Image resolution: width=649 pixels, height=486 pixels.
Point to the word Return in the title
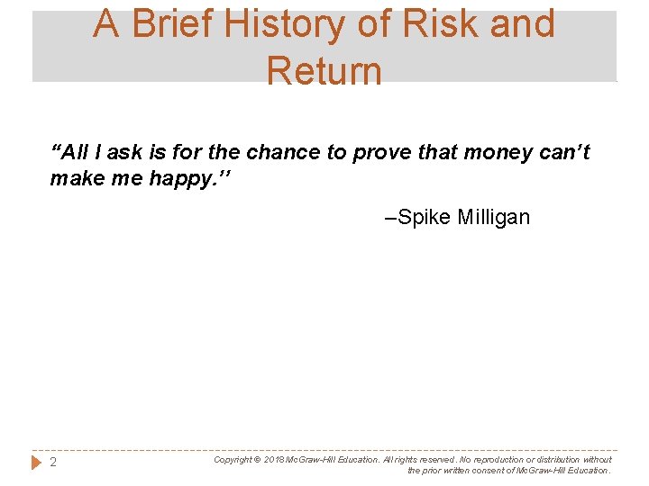[324, 70]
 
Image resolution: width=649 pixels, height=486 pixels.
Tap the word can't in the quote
[563, 152]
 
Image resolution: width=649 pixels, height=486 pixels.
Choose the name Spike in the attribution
[425, 217]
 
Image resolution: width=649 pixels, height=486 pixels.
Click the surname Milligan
[494, 217]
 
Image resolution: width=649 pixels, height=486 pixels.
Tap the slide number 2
[53, 463]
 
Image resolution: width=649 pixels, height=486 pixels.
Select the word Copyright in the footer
[233, 459]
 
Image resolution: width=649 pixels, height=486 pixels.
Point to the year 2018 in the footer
[275, 459]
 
